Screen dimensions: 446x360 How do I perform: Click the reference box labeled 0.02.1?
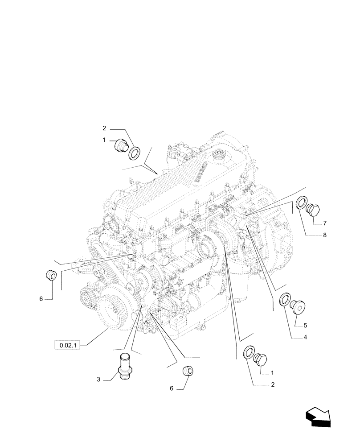click(x=66, y=345)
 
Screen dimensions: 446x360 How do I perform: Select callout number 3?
click(x=98, y=380)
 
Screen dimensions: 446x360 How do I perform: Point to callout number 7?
click(x=325, y=223)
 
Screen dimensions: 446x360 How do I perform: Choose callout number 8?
click(x=325, y=235)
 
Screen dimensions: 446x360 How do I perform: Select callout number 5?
click(x=305, y=325)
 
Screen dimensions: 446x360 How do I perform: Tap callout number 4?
click(x=305, y=338)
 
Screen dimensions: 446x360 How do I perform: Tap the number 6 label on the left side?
click(x=41, y=299)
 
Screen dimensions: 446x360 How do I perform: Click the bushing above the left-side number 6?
click(x=51, y=275)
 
